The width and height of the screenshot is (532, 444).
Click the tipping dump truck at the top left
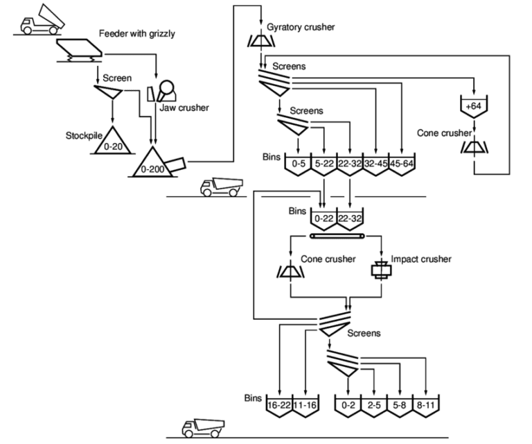point(41,19)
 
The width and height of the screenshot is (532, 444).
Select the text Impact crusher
point(420,259)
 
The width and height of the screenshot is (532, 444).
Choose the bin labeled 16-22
point(278,404)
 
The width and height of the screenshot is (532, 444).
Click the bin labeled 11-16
point(305,404)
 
